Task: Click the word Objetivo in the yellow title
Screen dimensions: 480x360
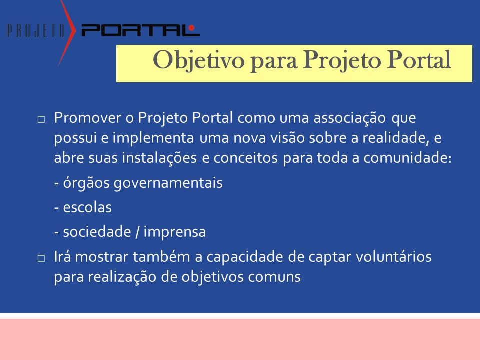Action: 198,60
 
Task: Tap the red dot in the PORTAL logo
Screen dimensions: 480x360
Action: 192,28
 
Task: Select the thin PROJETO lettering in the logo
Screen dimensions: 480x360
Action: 36,31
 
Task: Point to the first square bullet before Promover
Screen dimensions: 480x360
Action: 41,119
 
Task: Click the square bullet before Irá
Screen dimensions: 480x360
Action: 41,258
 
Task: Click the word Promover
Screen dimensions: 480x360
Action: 88,118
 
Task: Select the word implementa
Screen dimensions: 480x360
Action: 153,138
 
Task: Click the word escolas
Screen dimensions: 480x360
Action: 87,207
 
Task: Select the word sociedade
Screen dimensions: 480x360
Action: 97,231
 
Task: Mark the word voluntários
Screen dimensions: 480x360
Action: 393,257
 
